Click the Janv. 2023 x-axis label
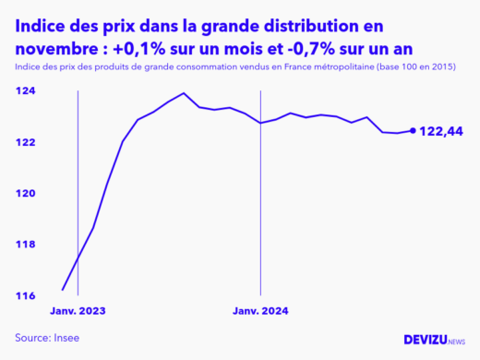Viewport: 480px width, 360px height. point(78,311)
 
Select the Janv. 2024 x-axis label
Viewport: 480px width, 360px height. point(261,311)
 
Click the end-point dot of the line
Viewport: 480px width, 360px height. point(412,131)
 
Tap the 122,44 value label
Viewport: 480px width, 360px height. point(440,132)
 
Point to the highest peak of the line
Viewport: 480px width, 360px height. point(184,93)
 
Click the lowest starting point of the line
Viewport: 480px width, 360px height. point(63,289)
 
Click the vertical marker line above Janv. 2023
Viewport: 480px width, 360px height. point(78,185)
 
